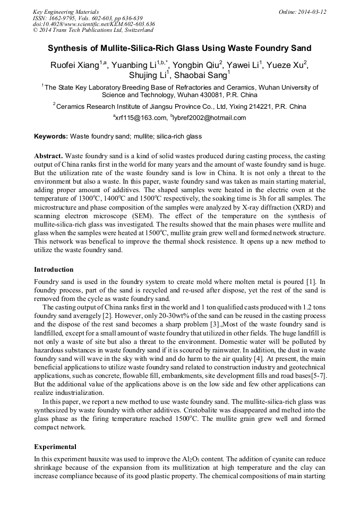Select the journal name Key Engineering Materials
[x=65, y=12]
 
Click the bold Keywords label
[x=51, y=137]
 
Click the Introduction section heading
[x=54, y=270]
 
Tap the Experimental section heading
[x=55, y=446]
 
